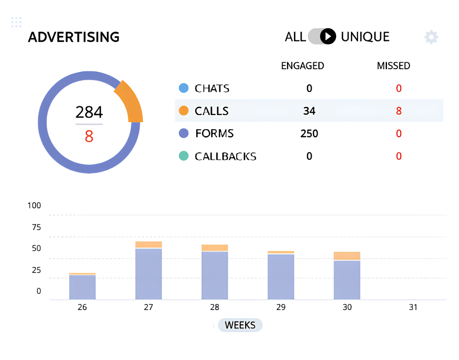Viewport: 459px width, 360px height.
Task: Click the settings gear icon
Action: pos(431,37)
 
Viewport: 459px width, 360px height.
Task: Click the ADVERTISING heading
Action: pos(74,37)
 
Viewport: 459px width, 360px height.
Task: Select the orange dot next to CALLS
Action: pos(184,111)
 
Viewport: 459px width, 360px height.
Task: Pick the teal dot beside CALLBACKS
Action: pos(184,156)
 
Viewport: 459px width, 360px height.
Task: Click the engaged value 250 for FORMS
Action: pos(309,133)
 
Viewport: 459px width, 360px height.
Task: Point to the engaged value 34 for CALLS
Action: pos(309,111)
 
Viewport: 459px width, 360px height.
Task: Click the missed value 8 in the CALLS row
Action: pos(399,111)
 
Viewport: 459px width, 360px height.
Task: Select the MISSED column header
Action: pos(393,66)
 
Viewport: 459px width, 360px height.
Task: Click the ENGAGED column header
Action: pos(302,66)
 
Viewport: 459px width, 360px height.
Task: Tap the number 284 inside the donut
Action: pos(89,112)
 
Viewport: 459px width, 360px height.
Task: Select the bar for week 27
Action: pos(149,273)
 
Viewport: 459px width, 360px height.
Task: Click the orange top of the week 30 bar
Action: pos(347,256)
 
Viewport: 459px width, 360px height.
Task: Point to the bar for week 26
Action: pos(82,287)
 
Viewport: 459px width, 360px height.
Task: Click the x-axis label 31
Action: pos(413,308)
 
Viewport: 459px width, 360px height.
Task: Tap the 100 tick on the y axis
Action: pos(34,205)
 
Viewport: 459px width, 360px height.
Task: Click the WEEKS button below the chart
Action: pos(240,325)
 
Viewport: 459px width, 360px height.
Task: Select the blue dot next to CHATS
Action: pos(184,89)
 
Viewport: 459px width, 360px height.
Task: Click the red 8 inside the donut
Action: pos(89,137)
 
